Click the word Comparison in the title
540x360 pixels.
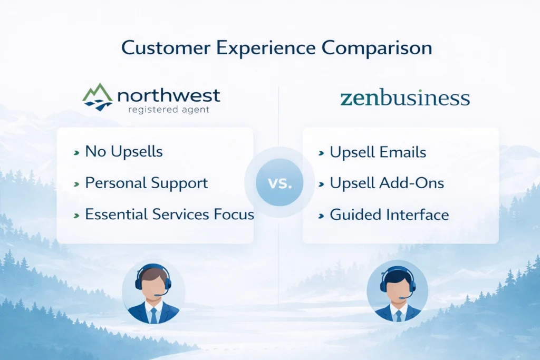(x=377, y=47)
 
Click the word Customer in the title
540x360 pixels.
(x=166, y=47)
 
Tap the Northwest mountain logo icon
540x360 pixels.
(x=98, y=97)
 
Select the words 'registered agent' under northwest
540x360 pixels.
(x=169, y=110)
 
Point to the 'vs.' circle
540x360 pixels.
(x=279, y=182)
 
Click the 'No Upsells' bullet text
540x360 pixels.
(x=124, y=151)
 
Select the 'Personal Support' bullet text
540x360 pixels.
(x=147, y=183)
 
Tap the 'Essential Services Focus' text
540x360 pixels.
(x=169, y=214)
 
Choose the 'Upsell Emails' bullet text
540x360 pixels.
(x=378, y=152)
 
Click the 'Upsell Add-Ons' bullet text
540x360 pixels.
(x=387, y=183)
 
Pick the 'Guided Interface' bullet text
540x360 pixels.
(x=389, y=215)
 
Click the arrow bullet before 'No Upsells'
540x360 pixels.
(x=76, y=152)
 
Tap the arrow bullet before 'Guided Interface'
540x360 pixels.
(x=321, y=216)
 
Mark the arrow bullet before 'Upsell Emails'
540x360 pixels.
(x=321, y=153)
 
